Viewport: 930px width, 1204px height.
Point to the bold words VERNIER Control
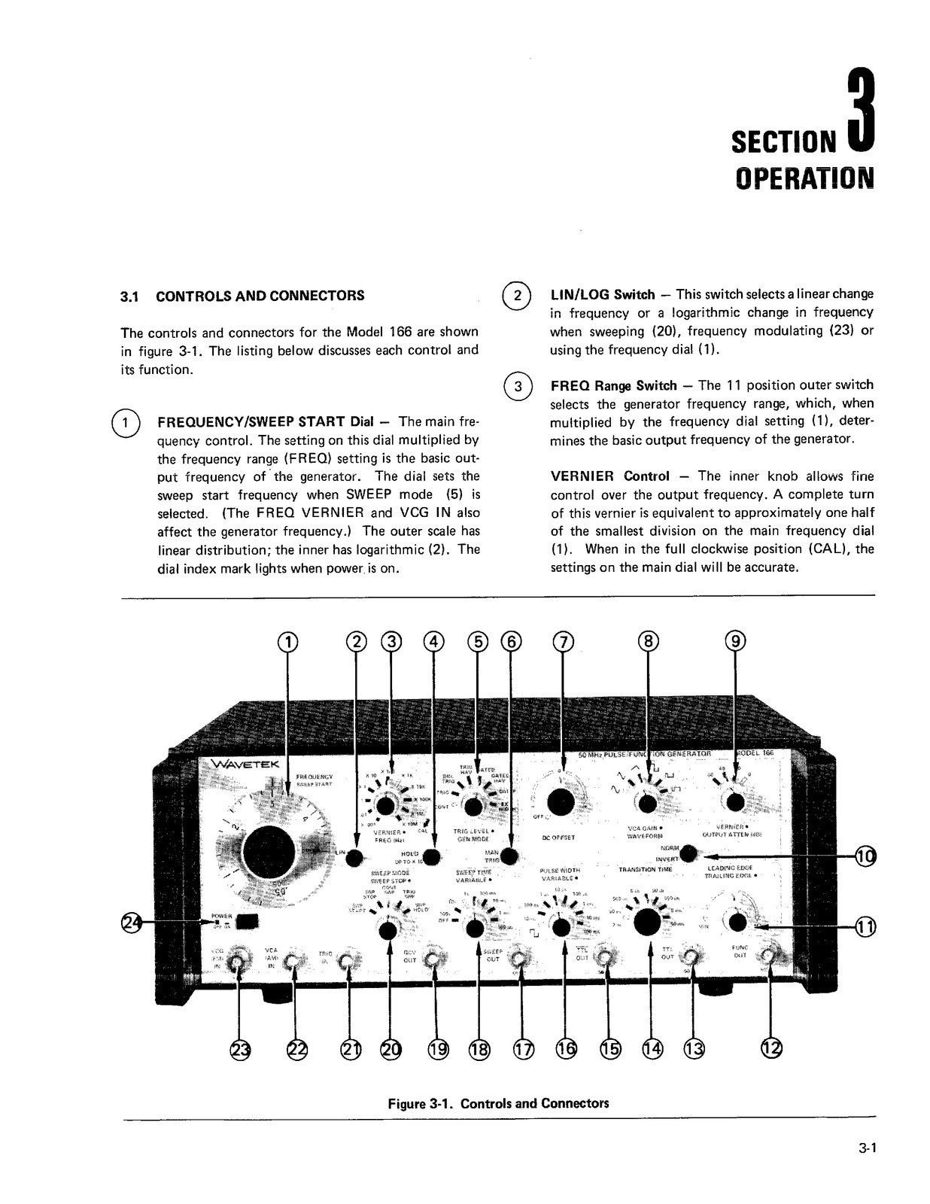click(609, 476)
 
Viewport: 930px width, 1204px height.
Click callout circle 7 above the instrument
click(563, 641)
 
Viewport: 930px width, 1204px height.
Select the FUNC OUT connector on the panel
click(769, 956)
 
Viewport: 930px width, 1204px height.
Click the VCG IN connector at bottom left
click(239, 959)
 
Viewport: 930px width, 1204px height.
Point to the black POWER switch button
click(247, 921)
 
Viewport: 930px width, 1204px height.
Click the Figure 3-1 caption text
click(497, 1103)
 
